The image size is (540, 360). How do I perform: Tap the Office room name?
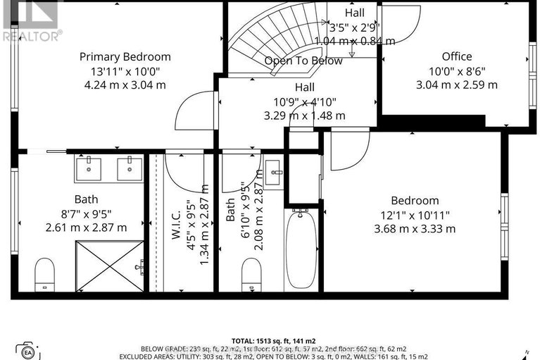click(x=456, y=56)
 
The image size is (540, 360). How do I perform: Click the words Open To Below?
click(x=303, y=61)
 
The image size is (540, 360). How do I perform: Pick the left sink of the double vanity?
click(x=88, y=169)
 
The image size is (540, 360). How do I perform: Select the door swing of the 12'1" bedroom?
click(x=350, y=150)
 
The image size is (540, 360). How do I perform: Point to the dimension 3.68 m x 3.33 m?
click(x=415, y=228)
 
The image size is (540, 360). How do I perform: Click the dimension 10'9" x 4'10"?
click(x=304, y=101)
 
